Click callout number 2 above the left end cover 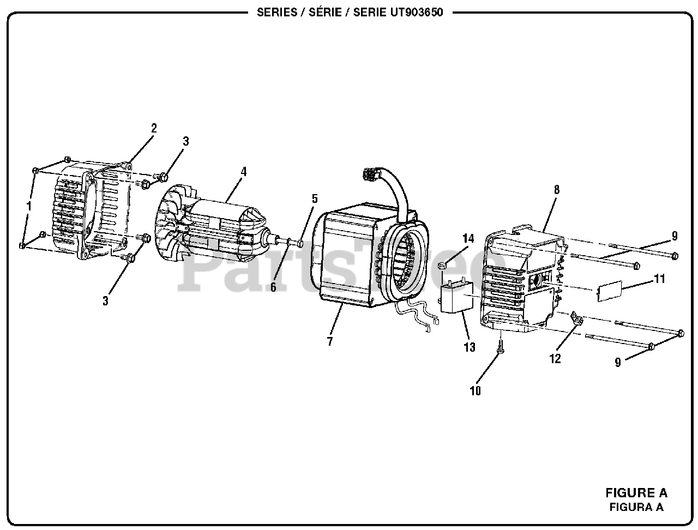pyautogui.click(x=154, y=129)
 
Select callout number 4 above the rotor pyautogui.click(x=243, y=172)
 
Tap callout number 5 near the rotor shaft pyautogui.click(x=314, y=198)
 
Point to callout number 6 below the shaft pyautogui.click(x=273, y=287)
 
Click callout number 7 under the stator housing pyautogui.click(x=330, y=342)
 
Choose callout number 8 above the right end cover pyautogui.click(x=556, y=190)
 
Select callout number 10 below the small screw pyautogui.click(x=475, y=391)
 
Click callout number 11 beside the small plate pyautogui.click(x=660, y=279)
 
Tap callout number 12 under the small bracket pyautogui.click(x=555, y=359)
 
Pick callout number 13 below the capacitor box pyautogui.click(x=469, y=347)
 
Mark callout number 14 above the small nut pyautogui.click(x=468, y=238)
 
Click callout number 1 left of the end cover pyautogui.click(x=29, y=206)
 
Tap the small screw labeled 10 pyautogui.click(x=499, y=345)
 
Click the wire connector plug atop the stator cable pyautogui.click(x=370, y=174)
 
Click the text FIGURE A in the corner pyautogui.click(x=636, y=493)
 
